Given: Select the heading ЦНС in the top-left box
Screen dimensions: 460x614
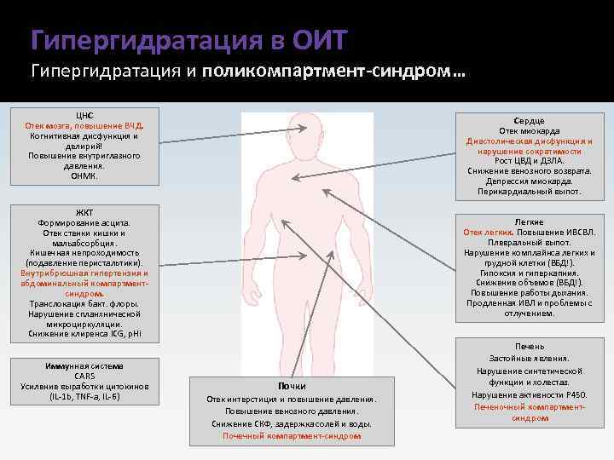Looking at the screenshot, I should click(84, 115).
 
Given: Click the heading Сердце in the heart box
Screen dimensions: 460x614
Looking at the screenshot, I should click(530, 121).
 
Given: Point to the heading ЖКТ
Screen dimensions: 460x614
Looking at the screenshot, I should click(84, 212).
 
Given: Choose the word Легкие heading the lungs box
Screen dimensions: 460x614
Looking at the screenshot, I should click(530, 222).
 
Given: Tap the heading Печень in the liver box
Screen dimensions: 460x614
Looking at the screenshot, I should click(530, 347).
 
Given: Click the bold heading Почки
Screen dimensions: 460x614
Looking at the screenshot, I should click(292, 387).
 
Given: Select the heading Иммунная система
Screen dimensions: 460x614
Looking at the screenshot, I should click(84, 366).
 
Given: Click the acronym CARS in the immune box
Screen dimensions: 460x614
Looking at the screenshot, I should click(84, 377).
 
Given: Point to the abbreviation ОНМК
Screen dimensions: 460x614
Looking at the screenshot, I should click(84, 176).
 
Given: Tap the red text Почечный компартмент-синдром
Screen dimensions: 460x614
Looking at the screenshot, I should click(292, 435).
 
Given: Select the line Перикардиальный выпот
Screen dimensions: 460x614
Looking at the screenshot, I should click(530, 192).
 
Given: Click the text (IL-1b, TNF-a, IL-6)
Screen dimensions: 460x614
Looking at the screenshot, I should click(84, 397).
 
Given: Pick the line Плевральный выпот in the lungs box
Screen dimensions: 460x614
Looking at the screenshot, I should click(530, 243).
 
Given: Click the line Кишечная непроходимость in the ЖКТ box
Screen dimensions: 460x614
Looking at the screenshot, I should click(84, 253).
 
